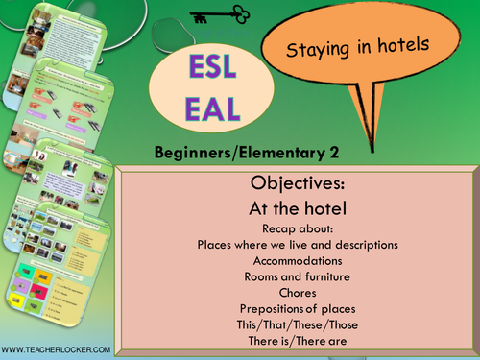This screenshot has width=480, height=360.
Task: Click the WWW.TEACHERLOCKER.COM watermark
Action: click(x=56, y=349)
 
